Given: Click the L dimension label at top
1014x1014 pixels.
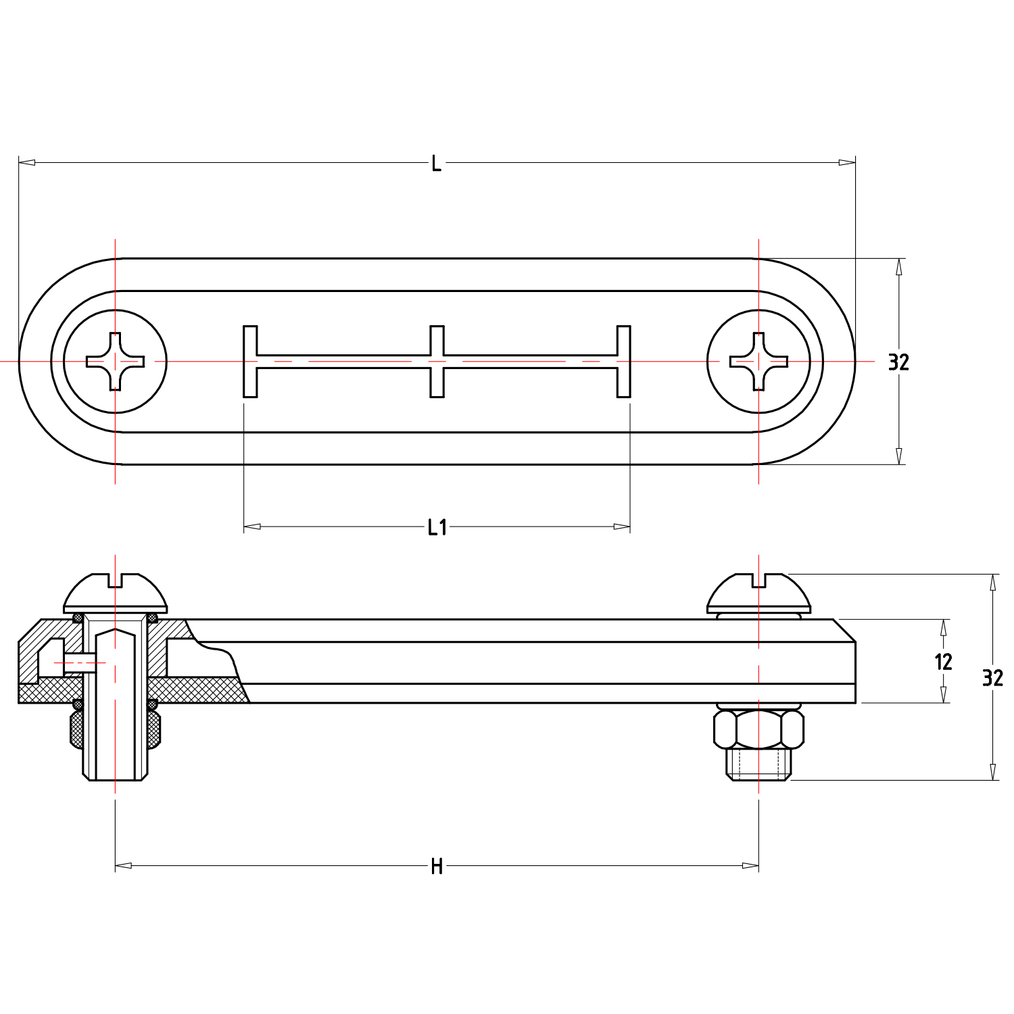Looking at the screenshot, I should click(436, 164).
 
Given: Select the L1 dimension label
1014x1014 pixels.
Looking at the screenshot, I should click(437, 527).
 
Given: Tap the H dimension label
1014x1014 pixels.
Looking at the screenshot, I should click(437, 866).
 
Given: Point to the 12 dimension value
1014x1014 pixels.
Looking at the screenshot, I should click(943, 662).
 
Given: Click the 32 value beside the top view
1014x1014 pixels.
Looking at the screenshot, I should click(898, 362).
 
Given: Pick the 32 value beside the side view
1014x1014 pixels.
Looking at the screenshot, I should click(992, 677).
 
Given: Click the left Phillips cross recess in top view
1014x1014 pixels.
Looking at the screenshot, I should click(115, 362).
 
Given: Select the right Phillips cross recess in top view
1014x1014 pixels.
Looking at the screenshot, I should click(758, 362).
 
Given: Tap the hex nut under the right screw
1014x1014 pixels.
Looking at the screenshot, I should click(758, 729).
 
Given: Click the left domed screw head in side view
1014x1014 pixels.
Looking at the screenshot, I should click(115, 593).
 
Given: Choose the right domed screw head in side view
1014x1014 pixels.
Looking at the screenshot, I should click(758, 593).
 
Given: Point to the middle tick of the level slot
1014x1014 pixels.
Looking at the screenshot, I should click(437, 362).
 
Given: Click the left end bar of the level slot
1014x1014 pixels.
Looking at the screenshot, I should click(250, 362).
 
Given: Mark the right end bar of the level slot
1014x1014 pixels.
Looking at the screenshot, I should click(623, 362).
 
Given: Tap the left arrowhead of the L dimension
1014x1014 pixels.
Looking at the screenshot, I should click(26, 162).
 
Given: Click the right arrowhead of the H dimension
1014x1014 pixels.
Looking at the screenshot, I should click(750, 865).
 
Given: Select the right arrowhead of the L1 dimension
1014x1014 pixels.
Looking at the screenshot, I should click(622, 527).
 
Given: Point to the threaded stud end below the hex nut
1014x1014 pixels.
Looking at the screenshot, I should click(758, 764).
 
